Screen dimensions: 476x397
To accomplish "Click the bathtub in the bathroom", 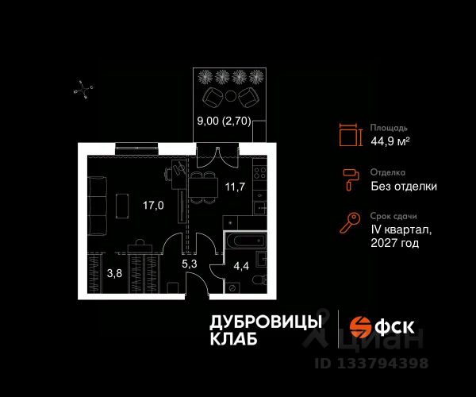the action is click(247, 241).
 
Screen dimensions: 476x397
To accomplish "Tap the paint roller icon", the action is click(349, 179).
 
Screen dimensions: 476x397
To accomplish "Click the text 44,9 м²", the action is click(390, 141).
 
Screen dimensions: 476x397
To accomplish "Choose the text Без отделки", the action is click(403, 187).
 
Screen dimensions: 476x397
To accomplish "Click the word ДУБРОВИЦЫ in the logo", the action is click(265, 322).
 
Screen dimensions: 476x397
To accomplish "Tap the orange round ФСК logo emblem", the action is click(362, 326).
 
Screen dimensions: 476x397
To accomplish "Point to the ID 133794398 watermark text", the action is click(372, 364).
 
